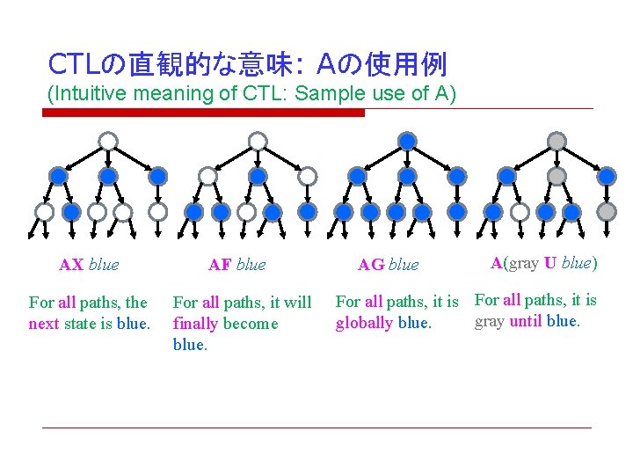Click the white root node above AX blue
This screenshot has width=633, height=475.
coord(107,141)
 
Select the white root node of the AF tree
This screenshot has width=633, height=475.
coord(257,141)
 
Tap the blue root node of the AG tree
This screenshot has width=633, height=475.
coord(407,141)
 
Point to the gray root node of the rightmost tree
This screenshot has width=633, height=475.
coord(557,141)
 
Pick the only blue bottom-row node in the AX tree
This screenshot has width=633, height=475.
coord(71,212)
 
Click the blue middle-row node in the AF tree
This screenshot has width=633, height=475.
coord(258,176)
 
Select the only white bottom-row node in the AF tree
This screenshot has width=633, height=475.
coord(247,212)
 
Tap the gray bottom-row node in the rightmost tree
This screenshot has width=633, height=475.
coord(607,212)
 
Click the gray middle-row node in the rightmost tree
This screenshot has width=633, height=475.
coord(557,176)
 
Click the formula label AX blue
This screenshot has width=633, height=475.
coord(89,264)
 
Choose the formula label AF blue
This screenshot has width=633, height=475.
coord(236,264)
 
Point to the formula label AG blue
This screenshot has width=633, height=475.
coord(389,264)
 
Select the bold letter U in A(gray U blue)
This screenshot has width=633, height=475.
coord(549,262)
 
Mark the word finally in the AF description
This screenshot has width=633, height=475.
coord(198,323)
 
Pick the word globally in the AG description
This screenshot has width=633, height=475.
coord(364,323)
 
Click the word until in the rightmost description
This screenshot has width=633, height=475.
coord(526,321)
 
